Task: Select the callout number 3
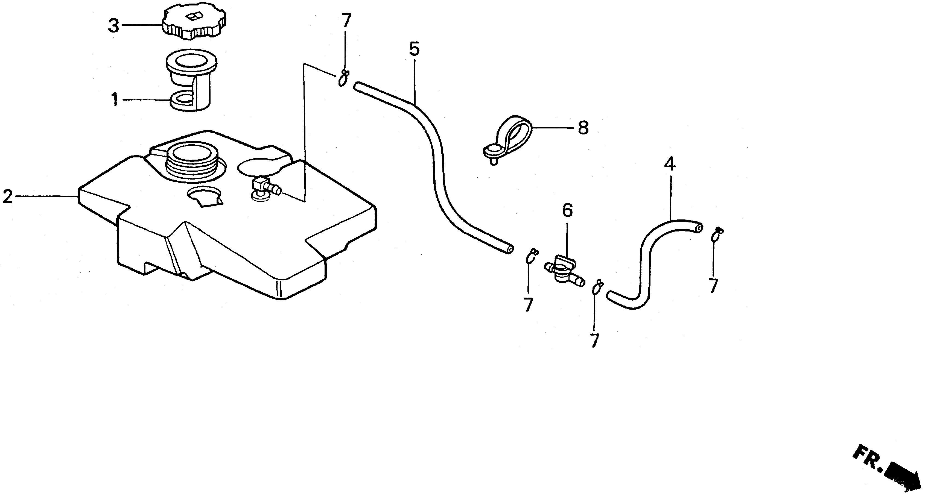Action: point(113,26)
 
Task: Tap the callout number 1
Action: point(115,99)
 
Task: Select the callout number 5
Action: point(414,49)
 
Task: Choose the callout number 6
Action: point(567,211)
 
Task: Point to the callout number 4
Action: point(670,164)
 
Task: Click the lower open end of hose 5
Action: point(510,250)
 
